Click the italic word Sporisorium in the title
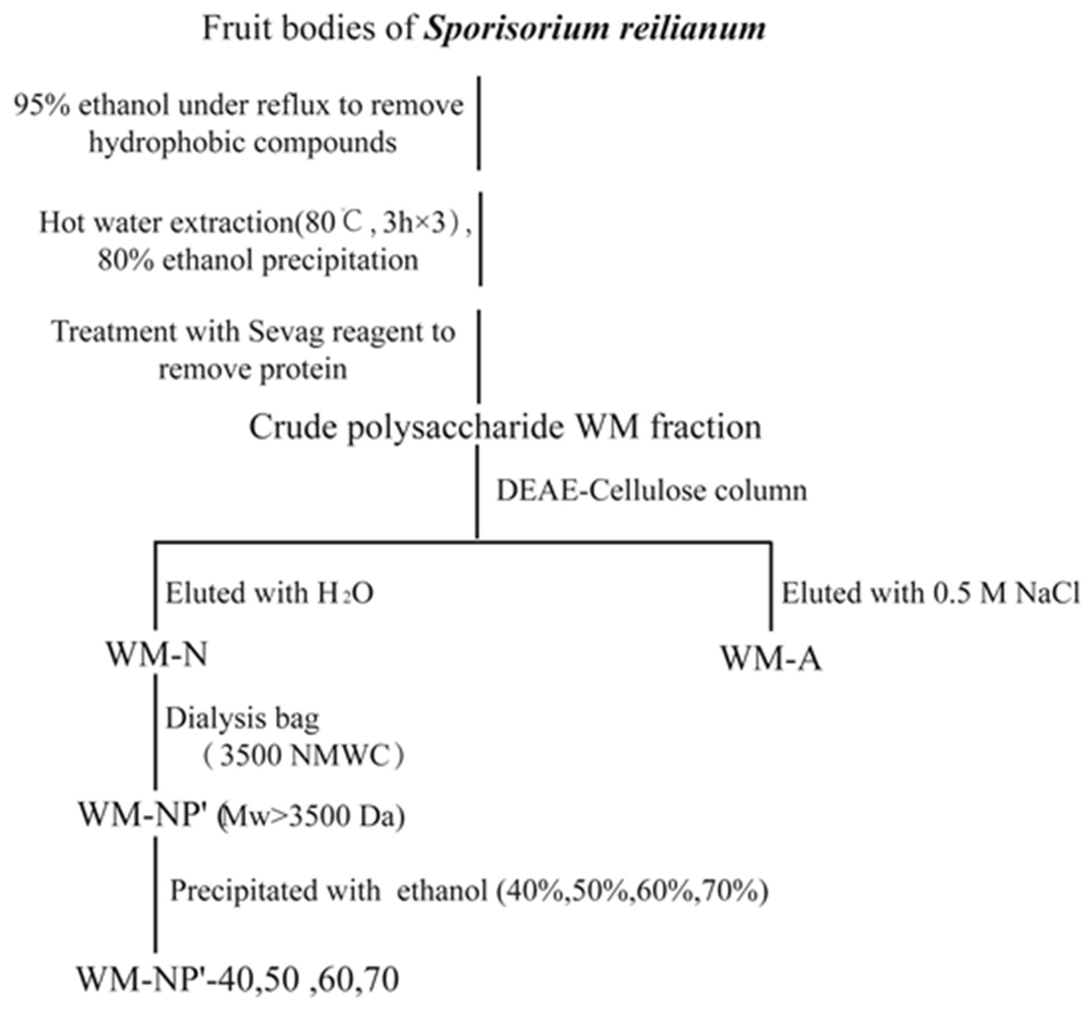point(517,28)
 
